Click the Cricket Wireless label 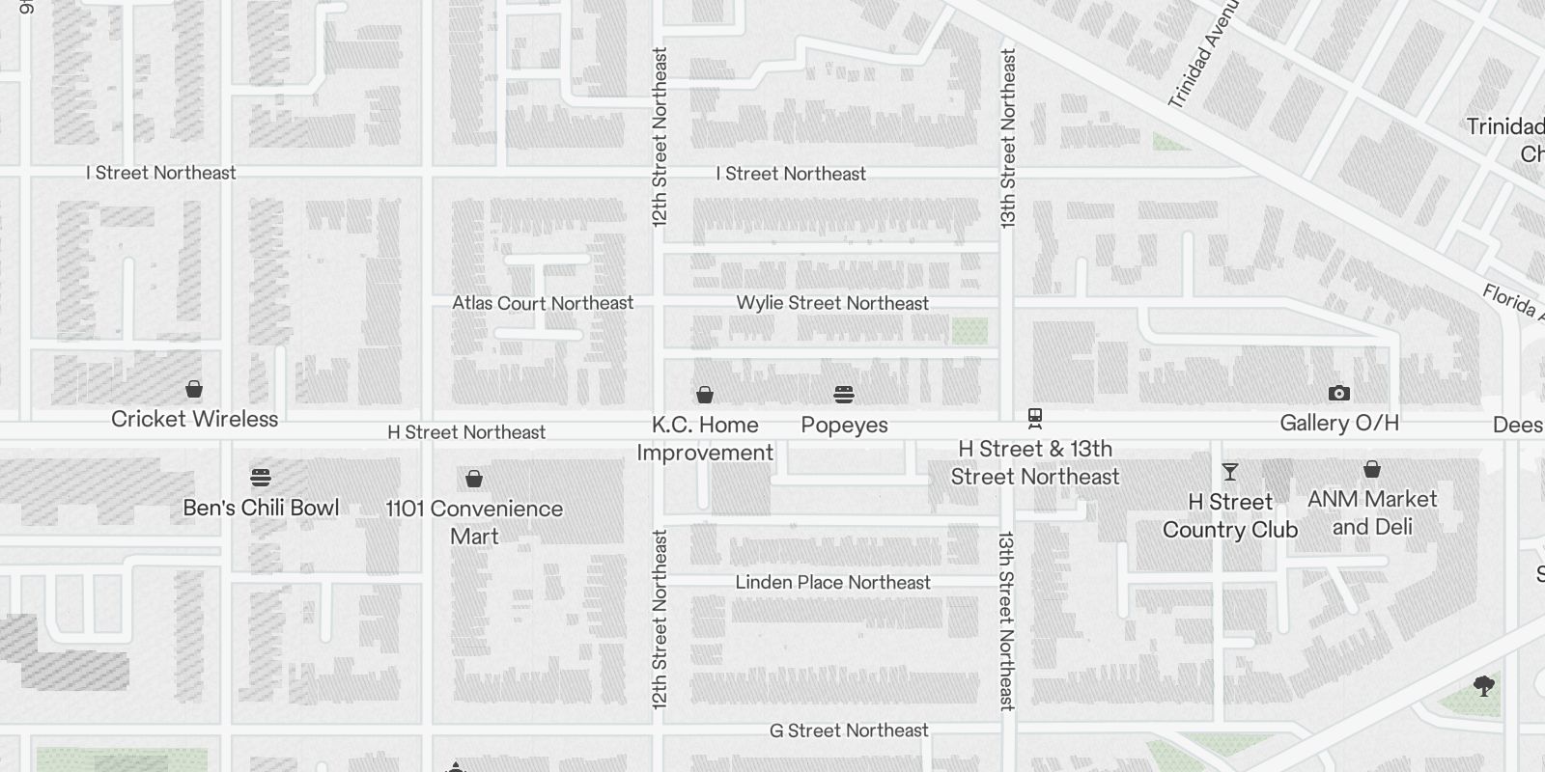point(194,419)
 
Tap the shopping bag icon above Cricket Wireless point(194,389)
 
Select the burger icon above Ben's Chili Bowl point(261,477)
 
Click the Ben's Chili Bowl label point(261,508)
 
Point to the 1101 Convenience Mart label point(474,521)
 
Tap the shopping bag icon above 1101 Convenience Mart point(474,479)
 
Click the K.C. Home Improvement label point(705,438)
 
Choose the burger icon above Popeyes point(844,394)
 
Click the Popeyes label point(844,425)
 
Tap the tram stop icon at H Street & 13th point(1035,419)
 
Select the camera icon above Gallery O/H point(1338,393)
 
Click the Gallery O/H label point(1338,423)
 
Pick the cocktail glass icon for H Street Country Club point(1229,472)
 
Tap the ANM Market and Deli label point(1372,512)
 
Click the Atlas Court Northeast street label point(543,303)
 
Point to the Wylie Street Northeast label point(832,303)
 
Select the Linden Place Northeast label point(832,582)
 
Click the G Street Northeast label point(849,731)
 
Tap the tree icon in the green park point(1484,686)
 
